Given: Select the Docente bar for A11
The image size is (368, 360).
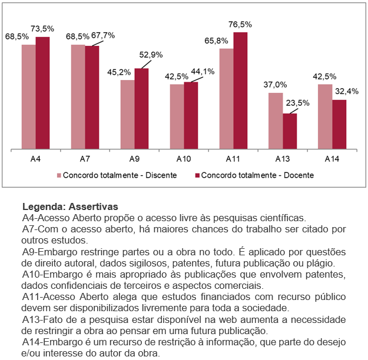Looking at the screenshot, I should pyautogui.click(x=240, y=91).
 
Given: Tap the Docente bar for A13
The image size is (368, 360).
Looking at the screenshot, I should pyautogui.click(x=290, y=131).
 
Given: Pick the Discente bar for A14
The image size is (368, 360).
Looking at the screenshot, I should pyautogui.click(x=325, y=116).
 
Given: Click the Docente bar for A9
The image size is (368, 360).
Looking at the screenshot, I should pyautogui.click(x=141, y=108).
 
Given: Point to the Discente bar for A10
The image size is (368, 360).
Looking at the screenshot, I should pyautogui.click(x=177, y=116).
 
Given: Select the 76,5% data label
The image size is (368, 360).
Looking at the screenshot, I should pyautogui.click(x=240, y=25).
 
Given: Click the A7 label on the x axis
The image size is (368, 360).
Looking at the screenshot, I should pyautogui.click(x=85, y=159).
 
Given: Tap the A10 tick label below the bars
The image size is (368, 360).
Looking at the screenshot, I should pyautogui.click(x=184, y=159).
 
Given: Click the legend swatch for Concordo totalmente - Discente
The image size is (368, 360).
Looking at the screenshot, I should pyautogui.click(x=59, y=175).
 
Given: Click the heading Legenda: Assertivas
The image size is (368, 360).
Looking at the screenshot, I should pyautogui.click(x=70, y=207).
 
